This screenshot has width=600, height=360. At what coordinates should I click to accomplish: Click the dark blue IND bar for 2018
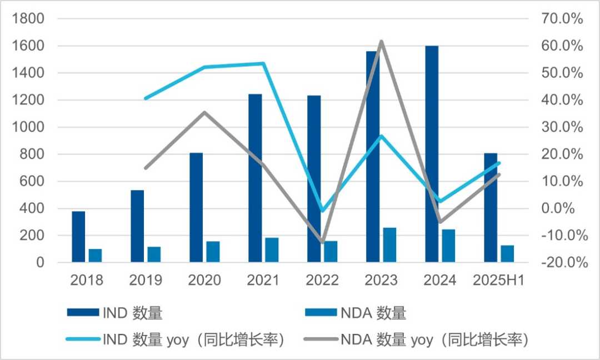(x=78, y=236)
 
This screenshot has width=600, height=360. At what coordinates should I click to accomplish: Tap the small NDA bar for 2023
(x=389, y=244)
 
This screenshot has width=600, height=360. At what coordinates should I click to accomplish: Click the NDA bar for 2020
(x=213, y=251)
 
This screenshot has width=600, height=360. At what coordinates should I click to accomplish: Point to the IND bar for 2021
(x=255, y=178)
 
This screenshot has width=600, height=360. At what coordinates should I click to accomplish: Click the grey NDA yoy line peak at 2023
(x=382, y=41)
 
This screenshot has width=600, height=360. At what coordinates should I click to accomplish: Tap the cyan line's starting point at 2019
(x=145, y=98)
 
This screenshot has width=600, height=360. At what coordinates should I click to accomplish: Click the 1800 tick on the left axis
(x=28, y=19)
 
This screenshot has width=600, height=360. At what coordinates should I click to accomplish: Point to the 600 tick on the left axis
(x=32, y=182)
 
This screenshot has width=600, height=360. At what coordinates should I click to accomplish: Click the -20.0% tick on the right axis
(x=562, y=263)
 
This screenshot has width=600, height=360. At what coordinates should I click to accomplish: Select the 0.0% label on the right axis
(x=566, y=209)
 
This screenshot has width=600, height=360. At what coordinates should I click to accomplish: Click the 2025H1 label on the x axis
(x=498, y=280)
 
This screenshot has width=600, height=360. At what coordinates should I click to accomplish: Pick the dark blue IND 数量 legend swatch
(x=82, y=313)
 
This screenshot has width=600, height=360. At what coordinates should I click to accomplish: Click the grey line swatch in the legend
(x=319, y=339)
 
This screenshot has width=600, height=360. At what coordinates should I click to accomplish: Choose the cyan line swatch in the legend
(x=82, y=339)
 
